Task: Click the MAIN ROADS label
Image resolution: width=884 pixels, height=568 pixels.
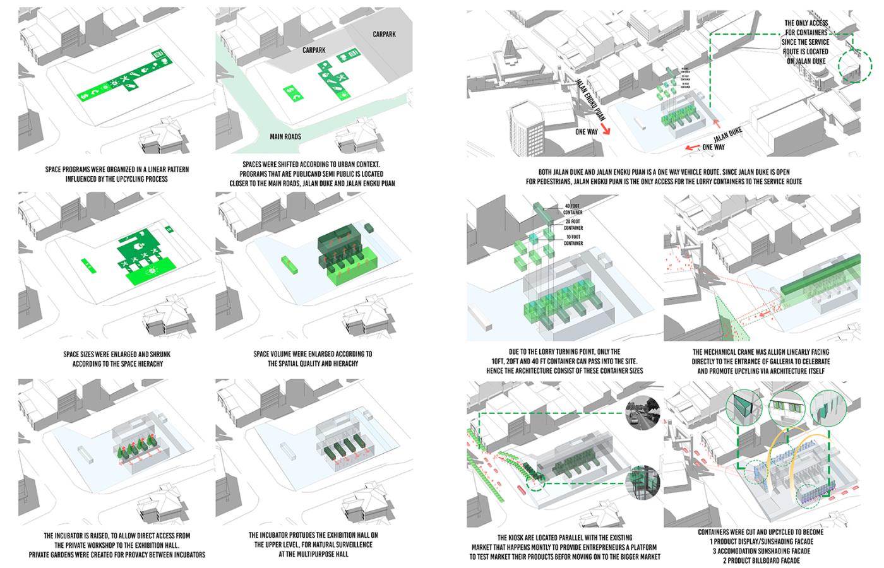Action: click(285, 136)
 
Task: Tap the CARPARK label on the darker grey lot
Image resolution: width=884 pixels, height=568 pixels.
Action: click(384, 34)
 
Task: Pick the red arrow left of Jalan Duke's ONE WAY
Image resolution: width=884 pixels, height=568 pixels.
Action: click(692, 148)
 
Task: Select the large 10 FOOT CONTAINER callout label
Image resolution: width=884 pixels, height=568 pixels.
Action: click(572, 240)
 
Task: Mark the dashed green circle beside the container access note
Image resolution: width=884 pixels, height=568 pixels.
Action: click(850, 66)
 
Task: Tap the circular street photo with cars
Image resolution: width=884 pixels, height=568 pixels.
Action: click(642, 414)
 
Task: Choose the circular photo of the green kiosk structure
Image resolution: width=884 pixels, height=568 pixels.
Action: click(642, 483)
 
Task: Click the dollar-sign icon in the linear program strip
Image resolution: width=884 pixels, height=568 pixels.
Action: click(85, 96)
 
